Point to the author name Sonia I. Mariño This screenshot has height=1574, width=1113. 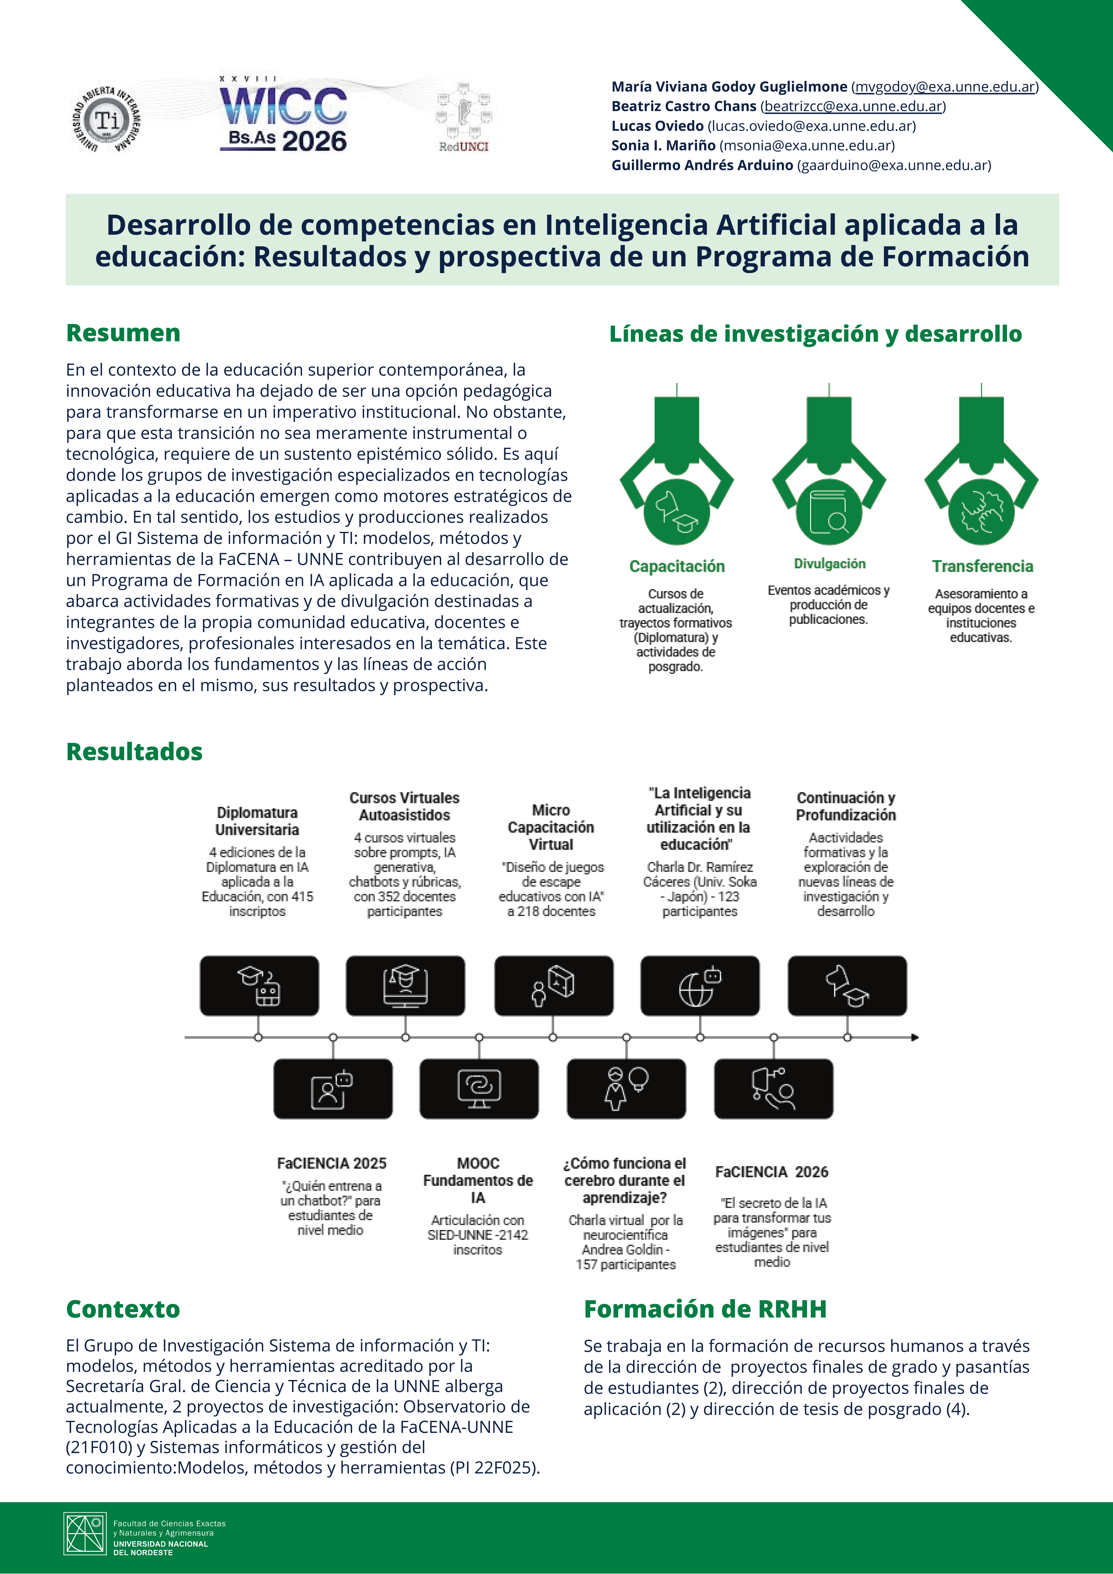(663, 145)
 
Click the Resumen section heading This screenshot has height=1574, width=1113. (123, 333)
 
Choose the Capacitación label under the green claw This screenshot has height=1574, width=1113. (677, 566)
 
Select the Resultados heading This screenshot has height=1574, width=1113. (134, 752)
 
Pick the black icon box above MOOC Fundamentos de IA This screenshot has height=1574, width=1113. (479, 1089)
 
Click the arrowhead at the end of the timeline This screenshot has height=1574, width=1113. (915, 1037)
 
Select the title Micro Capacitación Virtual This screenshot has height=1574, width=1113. (551, 827)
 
